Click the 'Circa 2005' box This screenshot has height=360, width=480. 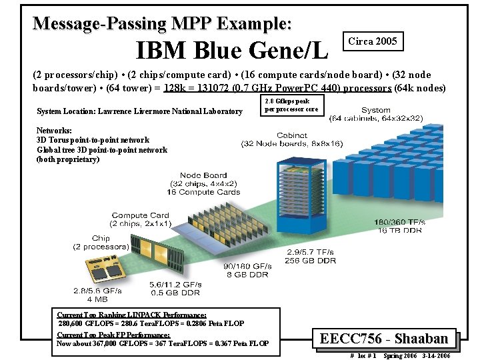tap(372, 41)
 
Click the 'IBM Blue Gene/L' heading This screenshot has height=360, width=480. tap(231, 49)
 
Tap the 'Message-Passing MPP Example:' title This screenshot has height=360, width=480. tap(162, 23)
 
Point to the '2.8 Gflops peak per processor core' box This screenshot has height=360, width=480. tap(292, 105)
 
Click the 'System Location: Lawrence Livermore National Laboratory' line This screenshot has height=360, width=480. tap(139, 111)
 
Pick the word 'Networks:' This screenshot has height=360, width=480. tap(54, 131)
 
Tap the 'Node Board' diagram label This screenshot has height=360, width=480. tap(203, 175)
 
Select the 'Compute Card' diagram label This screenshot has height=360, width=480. tap(140, 215)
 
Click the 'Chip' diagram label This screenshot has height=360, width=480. tap(101, 238)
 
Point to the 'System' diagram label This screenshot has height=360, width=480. tap(376, 111)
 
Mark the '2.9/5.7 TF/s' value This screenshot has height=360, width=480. tap(311, 252)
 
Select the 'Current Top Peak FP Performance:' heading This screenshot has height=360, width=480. tap(113, 335)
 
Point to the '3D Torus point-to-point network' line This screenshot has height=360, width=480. tap(93, 140)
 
